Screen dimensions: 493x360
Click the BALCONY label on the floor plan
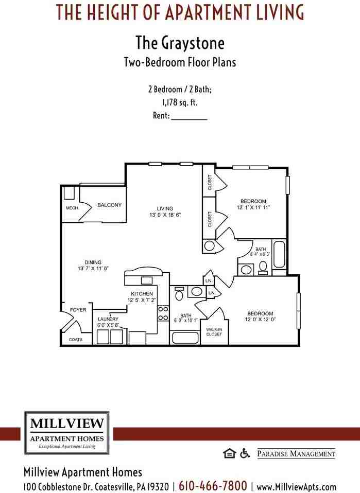(109, 205)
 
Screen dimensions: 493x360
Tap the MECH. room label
(72, 208)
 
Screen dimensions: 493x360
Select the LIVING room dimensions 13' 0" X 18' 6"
(165, 216)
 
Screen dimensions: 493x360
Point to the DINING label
(93, 262)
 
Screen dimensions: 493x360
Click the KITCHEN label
(142, 294)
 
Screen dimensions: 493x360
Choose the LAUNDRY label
(108, 319)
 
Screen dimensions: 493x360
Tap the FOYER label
(78, 310)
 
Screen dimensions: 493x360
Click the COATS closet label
(76, 340)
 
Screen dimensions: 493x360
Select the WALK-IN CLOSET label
(214, 331)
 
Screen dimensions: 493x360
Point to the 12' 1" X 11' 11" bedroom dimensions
(253, 207)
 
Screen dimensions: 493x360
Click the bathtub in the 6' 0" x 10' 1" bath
(184, 338)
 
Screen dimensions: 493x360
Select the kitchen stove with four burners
(163, 313)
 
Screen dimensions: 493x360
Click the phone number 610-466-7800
(213, 486)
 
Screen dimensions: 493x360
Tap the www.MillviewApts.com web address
(296, 486)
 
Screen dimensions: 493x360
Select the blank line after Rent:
(188, 116)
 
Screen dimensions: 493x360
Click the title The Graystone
(180, 42)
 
